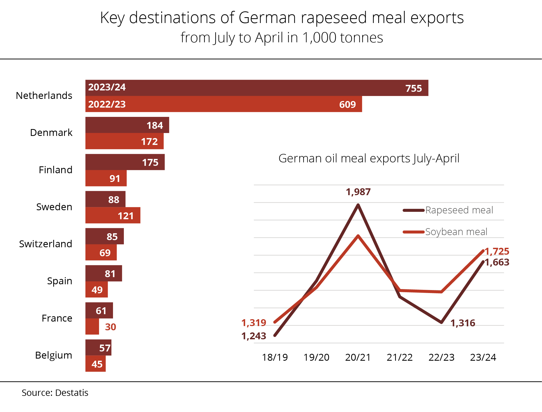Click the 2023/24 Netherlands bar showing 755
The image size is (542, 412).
click(257, 88)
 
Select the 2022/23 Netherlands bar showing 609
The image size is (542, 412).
click(224, 104)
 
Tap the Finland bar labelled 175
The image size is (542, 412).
click(125, 162)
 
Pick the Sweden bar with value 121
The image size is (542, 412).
click(113, 216)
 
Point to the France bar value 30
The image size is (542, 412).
click(110, 327)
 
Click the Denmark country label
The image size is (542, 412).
click(51, 133)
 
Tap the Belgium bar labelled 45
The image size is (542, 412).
click(96, 364)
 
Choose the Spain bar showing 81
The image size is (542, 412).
click(104, 273)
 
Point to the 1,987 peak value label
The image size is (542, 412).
click(358, 192)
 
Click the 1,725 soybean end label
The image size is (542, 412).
click(497, 251)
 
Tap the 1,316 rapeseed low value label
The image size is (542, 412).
click(463, 323)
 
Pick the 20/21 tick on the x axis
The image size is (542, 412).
click(358, 358)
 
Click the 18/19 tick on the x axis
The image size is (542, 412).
click(275, 358)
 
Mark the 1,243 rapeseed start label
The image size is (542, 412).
click(254, 336)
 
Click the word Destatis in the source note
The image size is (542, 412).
click(72, 393)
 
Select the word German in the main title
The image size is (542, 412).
click(267, 18)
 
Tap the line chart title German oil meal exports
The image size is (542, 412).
click(369, 159)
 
